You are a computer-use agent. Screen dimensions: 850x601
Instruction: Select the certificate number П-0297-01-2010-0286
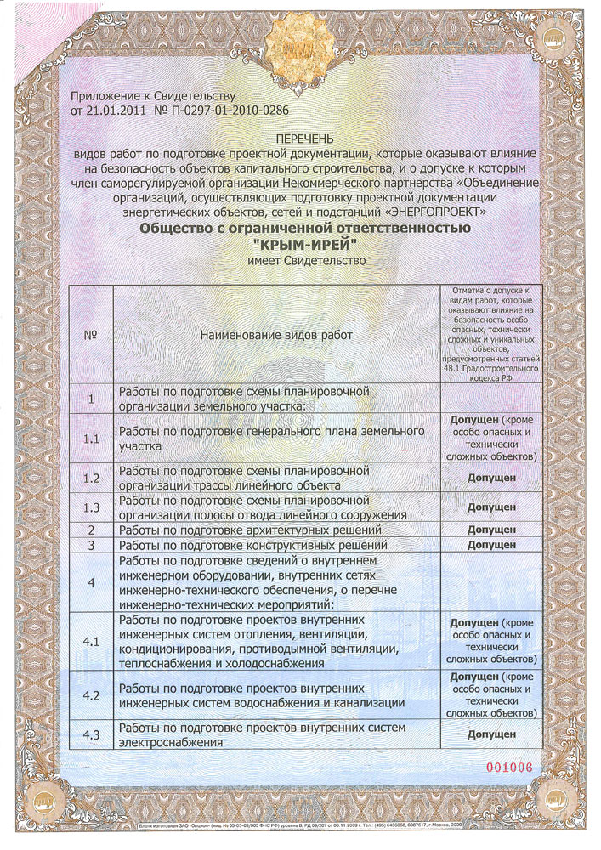pyautogui.click(x=231, y=110)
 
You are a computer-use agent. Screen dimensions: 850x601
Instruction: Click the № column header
pyautogui.click(x=91, y=334)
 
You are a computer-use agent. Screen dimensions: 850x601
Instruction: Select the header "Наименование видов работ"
pyautogui.click(x=275, y=335)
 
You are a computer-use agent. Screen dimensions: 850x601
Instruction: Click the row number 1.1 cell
pyautogui.click(x=91, y=439)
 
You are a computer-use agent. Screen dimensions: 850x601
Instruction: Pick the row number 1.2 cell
pyautogui.click(x=91, y=478)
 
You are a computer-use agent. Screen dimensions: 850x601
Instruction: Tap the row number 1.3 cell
pyautogui.click(x=91, y=507)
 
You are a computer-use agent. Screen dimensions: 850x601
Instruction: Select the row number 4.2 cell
pyautogui.click(x=91, y=695)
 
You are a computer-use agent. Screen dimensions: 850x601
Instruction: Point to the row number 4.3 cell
pyautogui.click(x=91, y=734)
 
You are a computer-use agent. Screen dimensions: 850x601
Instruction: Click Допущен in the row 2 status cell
pyautogui.click(x=491, y=530)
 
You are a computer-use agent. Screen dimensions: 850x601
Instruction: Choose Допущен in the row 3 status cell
pyautogui.click(x=491, y=544)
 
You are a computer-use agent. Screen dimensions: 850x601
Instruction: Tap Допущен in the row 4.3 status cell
pyautogui.click(x=491, y=734)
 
